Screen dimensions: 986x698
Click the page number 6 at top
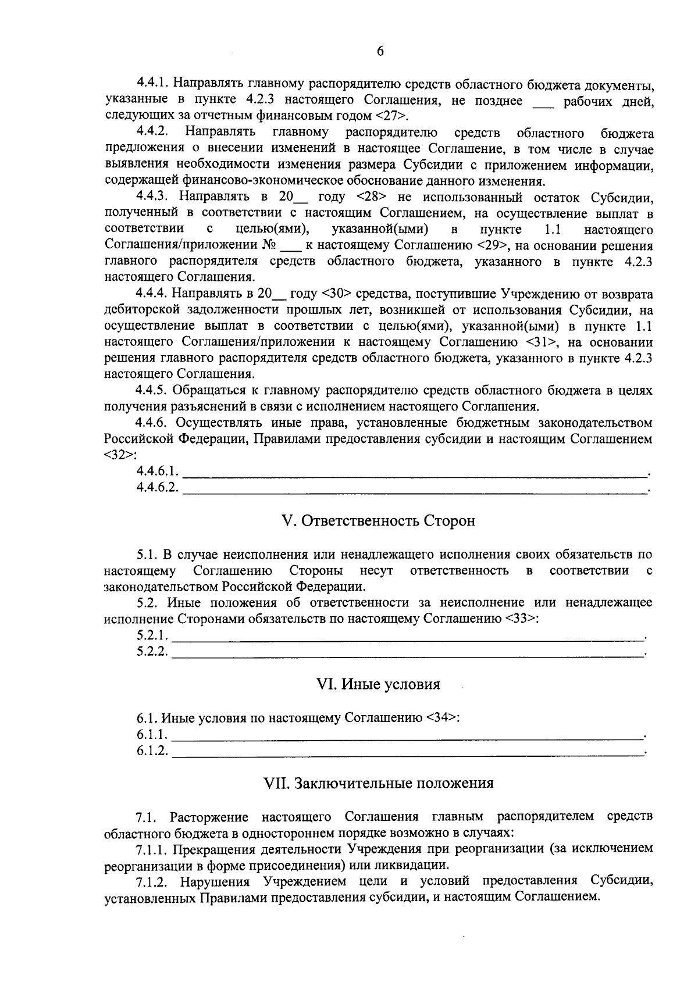point(380,51)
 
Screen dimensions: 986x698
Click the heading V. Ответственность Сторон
point(378,520)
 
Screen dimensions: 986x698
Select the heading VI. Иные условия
point(378,684)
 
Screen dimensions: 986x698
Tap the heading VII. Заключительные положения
point(379,783)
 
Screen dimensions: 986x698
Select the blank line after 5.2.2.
point(408,653)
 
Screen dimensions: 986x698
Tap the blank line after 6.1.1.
point(408,736)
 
